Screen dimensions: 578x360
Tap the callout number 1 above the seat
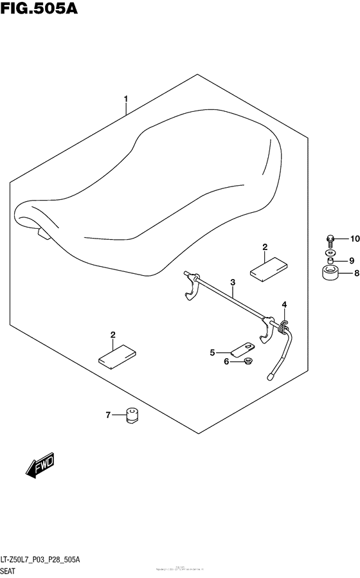click(x=126, y=99)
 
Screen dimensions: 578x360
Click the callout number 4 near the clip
click(x=283, y=304)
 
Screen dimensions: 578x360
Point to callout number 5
click(x=212, y=352)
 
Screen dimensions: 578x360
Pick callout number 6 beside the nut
click(x=226, y=362)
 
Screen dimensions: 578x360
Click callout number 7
click(x=109, y=415)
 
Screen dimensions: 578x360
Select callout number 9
click(x=351, y=260)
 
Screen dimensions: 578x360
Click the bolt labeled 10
click(x=330, y=240)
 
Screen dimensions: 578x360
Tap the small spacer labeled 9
click(x=330, y=260)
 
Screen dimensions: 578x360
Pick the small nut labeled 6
click(x=248, y=362)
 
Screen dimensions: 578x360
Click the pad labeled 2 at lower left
click(x=118, y=356)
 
